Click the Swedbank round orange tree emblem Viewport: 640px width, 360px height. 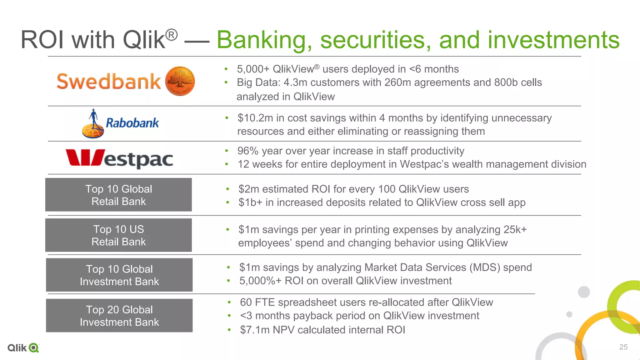point(180,81)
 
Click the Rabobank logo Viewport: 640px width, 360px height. point(120,123)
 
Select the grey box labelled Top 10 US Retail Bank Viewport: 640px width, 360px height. point(118,235)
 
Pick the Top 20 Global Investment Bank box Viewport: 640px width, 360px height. point(119,316)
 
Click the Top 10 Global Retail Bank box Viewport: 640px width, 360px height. point(118,195)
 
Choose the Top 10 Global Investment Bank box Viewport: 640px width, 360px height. point(119,275)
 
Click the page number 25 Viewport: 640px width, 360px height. point(623,347)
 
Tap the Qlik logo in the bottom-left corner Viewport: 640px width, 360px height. point(23,348)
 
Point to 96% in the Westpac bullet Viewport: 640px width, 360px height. point(248,151)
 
